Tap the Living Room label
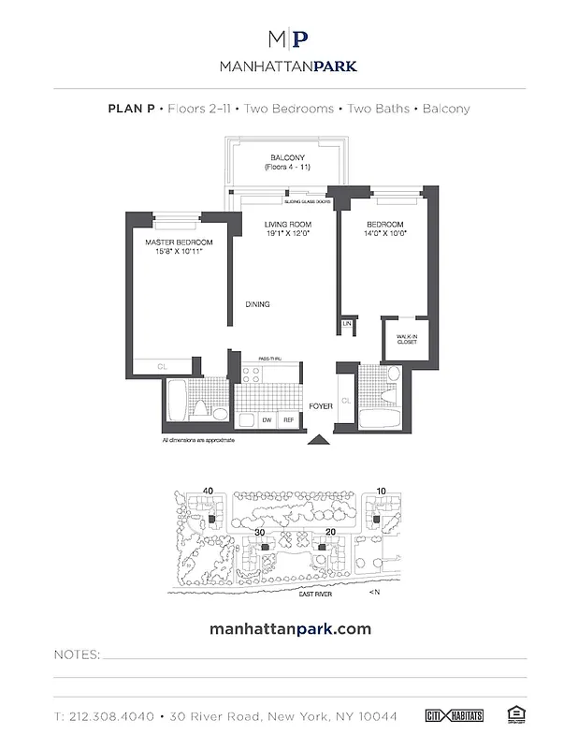coord(286,226)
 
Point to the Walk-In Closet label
coord(405,339)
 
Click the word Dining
coord(258,304)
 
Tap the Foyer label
coord(323,407)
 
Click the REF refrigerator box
coord(290,420)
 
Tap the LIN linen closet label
coord(346,323)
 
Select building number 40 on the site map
coord(208,490)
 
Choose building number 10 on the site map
coord(381,490)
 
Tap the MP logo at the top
coord(288,39)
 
